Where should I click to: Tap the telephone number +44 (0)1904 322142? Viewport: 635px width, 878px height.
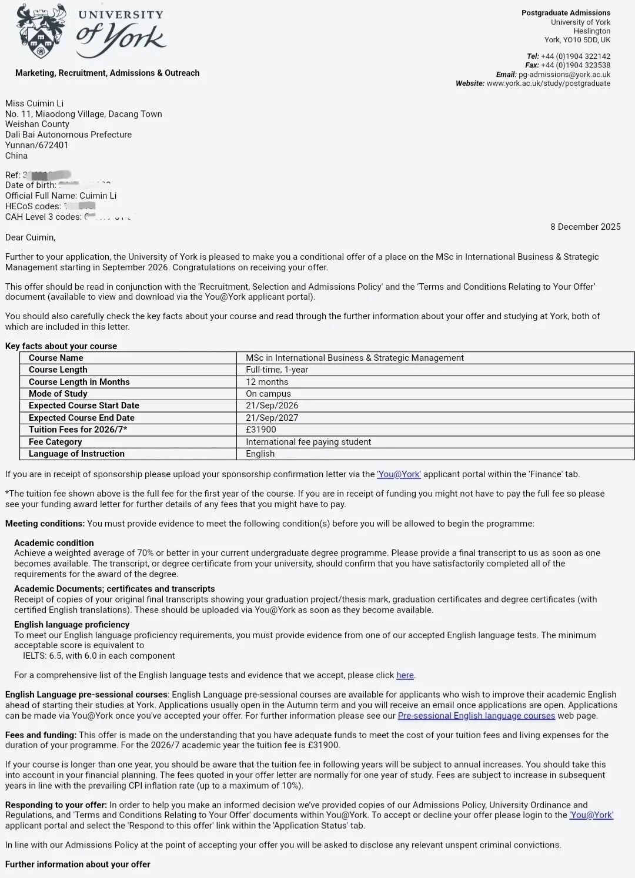tap(576, 56)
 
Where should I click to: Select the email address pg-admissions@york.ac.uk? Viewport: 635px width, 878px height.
tap(564, 75)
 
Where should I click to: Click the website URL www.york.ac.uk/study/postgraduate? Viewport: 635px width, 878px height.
tap(549, 83)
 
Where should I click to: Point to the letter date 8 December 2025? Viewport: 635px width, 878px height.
tap(585, 227)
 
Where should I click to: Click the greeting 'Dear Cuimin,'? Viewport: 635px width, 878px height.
tap(31, 237)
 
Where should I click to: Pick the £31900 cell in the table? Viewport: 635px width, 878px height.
tap(260, 430)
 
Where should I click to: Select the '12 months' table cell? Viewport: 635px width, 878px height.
tap(267, 382)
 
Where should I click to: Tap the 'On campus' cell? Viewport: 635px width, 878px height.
tap(268, 394)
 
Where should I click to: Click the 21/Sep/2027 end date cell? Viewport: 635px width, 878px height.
tap(272, 418)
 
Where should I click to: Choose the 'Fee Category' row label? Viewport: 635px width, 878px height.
tap(55, 442)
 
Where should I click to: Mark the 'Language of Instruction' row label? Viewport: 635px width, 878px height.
tap(76, 454)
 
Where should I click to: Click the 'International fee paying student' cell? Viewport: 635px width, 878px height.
tap(308, 442)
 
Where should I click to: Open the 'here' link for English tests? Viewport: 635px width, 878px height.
tap(405, 675)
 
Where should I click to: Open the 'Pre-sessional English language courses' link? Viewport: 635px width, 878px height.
tap(476, 716)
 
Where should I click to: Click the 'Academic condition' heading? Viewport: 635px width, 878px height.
tap(54, 543)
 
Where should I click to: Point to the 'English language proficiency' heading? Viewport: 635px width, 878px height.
tap(72, 625)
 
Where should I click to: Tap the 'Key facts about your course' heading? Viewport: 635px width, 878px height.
tap(61, 346)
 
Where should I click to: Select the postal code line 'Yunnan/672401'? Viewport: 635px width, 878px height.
tap(36, 145)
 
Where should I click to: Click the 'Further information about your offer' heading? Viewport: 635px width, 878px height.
tap(78, 864)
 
